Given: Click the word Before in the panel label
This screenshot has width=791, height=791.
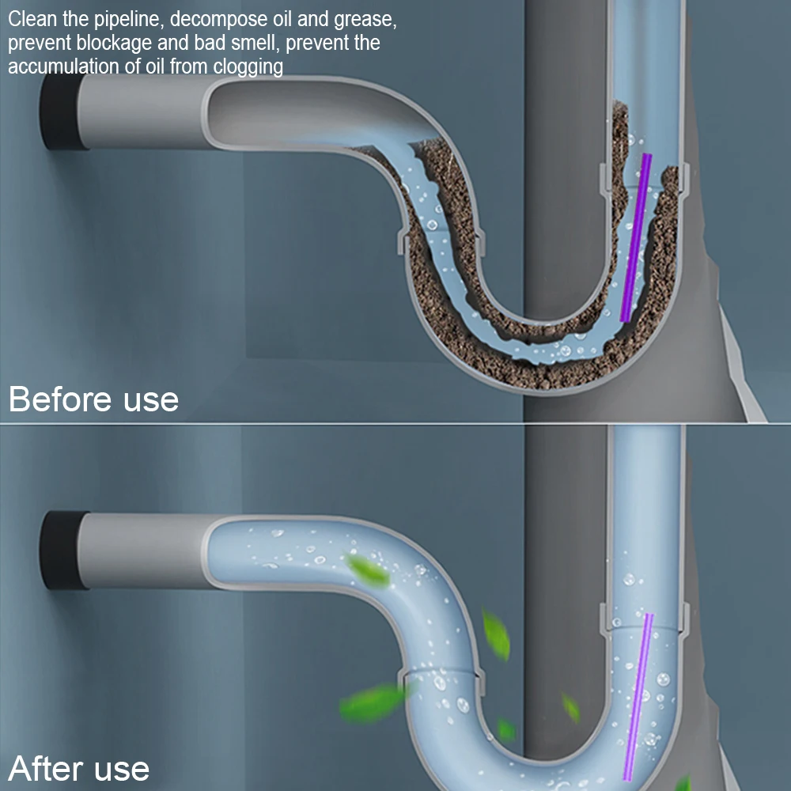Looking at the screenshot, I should [61, 399].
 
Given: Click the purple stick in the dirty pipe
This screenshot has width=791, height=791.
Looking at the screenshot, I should [636, 237].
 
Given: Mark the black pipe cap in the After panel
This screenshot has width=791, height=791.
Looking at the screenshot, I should [59, 550].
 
